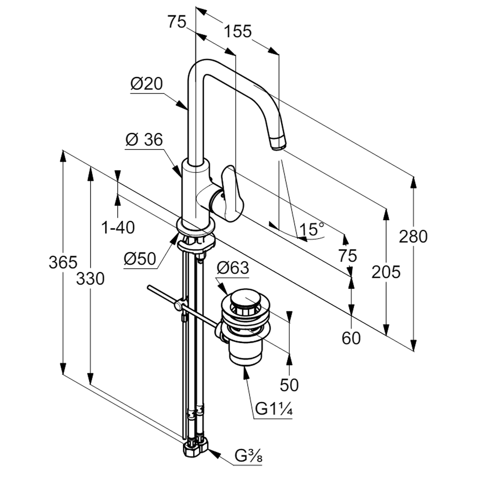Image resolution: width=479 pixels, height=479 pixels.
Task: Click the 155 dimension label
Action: (238, 32)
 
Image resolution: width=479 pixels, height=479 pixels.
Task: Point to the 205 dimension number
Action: (386, 272)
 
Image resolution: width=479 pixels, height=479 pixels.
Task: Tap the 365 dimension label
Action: (63, 262)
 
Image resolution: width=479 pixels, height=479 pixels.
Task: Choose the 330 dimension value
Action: (90, 278)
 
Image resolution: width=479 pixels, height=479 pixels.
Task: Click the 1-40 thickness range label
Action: (118, 228)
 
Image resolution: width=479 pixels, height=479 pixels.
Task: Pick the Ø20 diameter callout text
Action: (147, 84)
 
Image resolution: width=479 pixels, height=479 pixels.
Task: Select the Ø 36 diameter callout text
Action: (144, 140)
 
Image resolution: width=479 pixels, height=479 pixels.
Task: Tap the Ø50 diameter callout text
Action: (140, 259)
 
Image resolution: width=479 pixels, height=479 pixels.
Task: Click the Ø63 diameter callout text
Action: (233, 268)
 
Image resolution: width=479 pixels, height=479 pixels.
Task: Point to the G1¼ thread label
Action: (274, 410)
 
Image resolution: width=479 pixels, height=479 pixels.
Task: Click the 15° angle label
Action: (312, 229)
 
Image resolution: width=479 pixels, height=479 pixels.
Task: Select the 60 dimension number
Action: (351, 338)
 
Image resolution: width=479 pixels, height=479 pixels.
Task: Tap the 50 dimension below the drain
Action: (289, 384)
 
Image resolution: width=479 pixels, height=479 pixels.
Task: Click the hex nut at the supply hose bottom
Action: (193, 451)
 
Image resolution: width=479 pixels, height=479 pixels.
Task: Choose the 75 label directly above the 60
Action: (348, 256)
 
